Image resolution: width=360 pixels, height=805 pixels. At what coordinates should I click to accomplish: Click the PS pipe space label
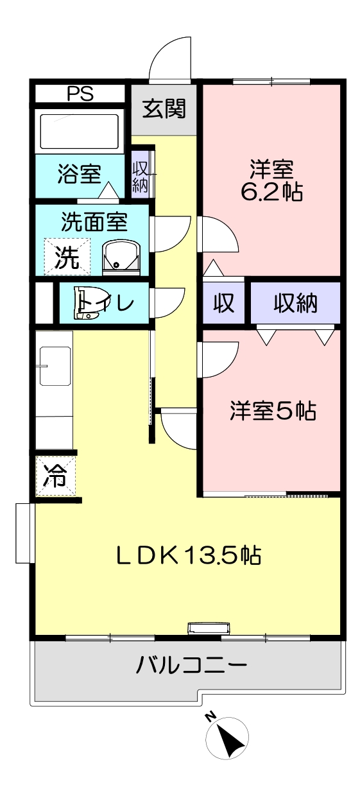click(80, 94)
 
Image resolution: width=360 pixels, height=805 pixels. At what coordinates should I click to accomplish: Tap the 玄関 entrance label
click(164, 108)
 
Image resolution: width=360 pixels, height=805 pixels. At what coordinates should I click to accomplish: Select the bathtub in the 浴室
click(80, 132)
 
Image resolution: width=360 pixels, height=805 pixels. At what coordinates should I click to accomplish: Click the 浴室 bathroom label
click(80, 174)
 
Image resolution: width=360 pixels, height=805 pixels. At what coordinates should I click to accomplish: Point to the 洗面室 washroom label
click(94, 221)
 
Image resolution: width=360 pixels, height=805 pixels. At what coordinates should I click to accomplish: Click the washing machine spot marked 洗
click(67, 257)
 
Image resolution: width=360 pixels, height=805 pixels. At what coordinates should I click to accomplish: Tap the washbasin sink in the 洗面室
click(121, 257)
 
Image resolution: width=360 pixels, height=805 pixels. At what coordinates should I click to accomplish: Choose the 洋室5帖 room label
click(273, 410)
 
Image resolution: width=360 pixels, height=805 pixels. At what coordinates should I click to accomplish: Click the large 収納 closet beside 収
click(295, 302)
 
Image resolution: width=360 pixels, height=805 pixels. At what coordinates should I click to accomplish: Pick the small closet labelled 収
click(223, 302)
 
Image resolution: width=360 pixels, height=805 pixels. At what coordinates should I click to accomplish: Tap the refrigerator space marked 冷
click(56, 476)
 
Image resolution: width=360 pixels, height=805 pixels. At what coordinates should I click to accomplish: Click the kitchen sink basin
click(55, 366)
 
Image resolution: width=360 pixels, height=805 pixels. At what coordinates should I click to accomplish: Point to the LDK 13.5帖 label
click(189, 555)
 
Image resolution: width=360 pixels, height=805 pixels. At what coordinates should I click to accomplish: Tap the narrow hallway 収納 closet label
click(140, 176)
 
